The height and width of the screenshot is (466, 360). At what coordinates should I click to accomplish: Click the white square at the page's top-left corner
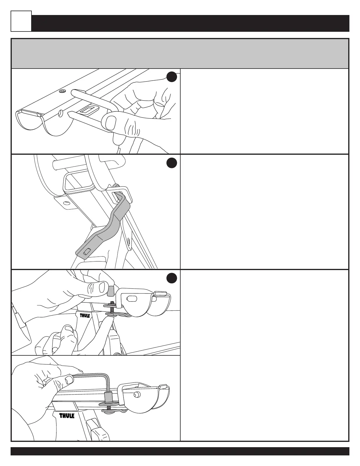(21, 21)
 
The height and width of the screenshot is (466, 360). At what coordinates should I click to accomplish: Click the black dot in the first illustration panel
(171, 77)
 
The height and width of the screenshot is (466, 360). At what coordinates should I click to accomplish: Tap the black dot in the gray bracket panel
(171, 163)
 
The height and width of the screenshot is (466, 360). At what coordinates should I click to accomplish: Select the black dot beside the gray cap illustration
(171, 278)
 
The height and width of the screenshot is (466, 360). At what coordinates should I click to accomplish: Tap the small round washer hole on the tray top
(62, 91)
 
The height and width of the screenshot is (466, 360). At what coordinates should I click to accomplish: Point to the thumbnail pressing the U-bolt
(111, 122)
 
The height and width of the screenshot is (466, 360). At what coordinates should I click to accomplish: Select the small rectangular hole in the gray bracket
(87, 251)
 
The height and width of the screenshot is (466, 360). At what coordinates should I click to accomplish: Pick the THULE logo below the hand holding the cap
(85, 315)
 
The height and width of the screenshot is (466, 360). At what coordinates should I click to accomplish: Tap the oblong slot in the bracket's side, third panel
(131, 298)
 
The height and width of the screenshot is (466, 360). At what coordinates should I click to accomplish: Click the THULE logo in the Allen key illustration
(67, 416)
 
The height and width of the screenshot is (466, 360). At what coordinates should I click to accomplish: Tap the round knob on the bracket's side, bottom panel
(137, 394)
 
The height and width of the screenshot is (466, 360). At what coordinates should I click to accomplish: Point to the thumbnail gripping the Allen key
(69, 380)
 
